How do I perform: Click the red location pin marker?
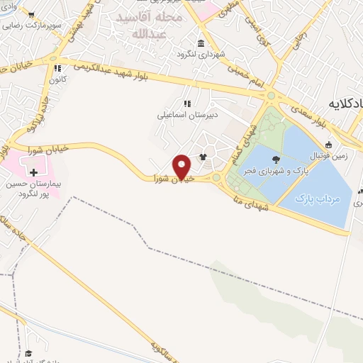coord(182,167)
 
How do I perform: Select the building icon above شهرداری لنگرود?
coord(202,42)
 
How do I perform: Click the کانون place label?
coord(57,80)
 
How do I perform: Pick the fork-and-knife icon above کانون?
coord(57,69)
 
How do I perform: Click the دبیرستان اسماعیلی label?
coord(187,113)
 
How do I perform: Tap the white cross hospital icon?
coord(33,172)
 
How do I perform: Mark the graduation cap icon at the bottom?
coord(28,353)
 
